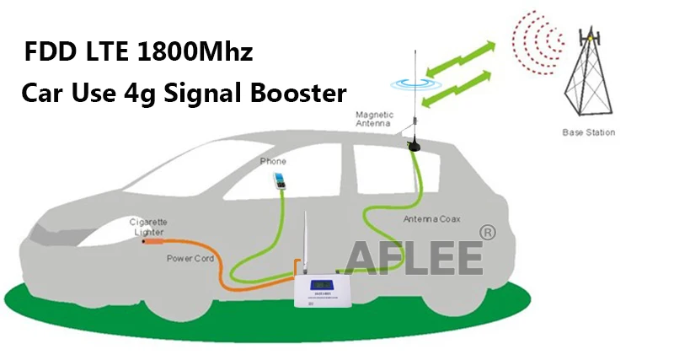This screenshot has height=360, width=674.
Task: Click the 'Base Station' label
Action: tap(589, 132)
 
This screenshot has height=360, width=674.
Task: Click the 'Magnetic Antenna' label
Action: tap(374, 119)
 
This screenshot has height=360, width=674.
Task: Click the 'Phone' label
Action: tap(273, 161)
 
